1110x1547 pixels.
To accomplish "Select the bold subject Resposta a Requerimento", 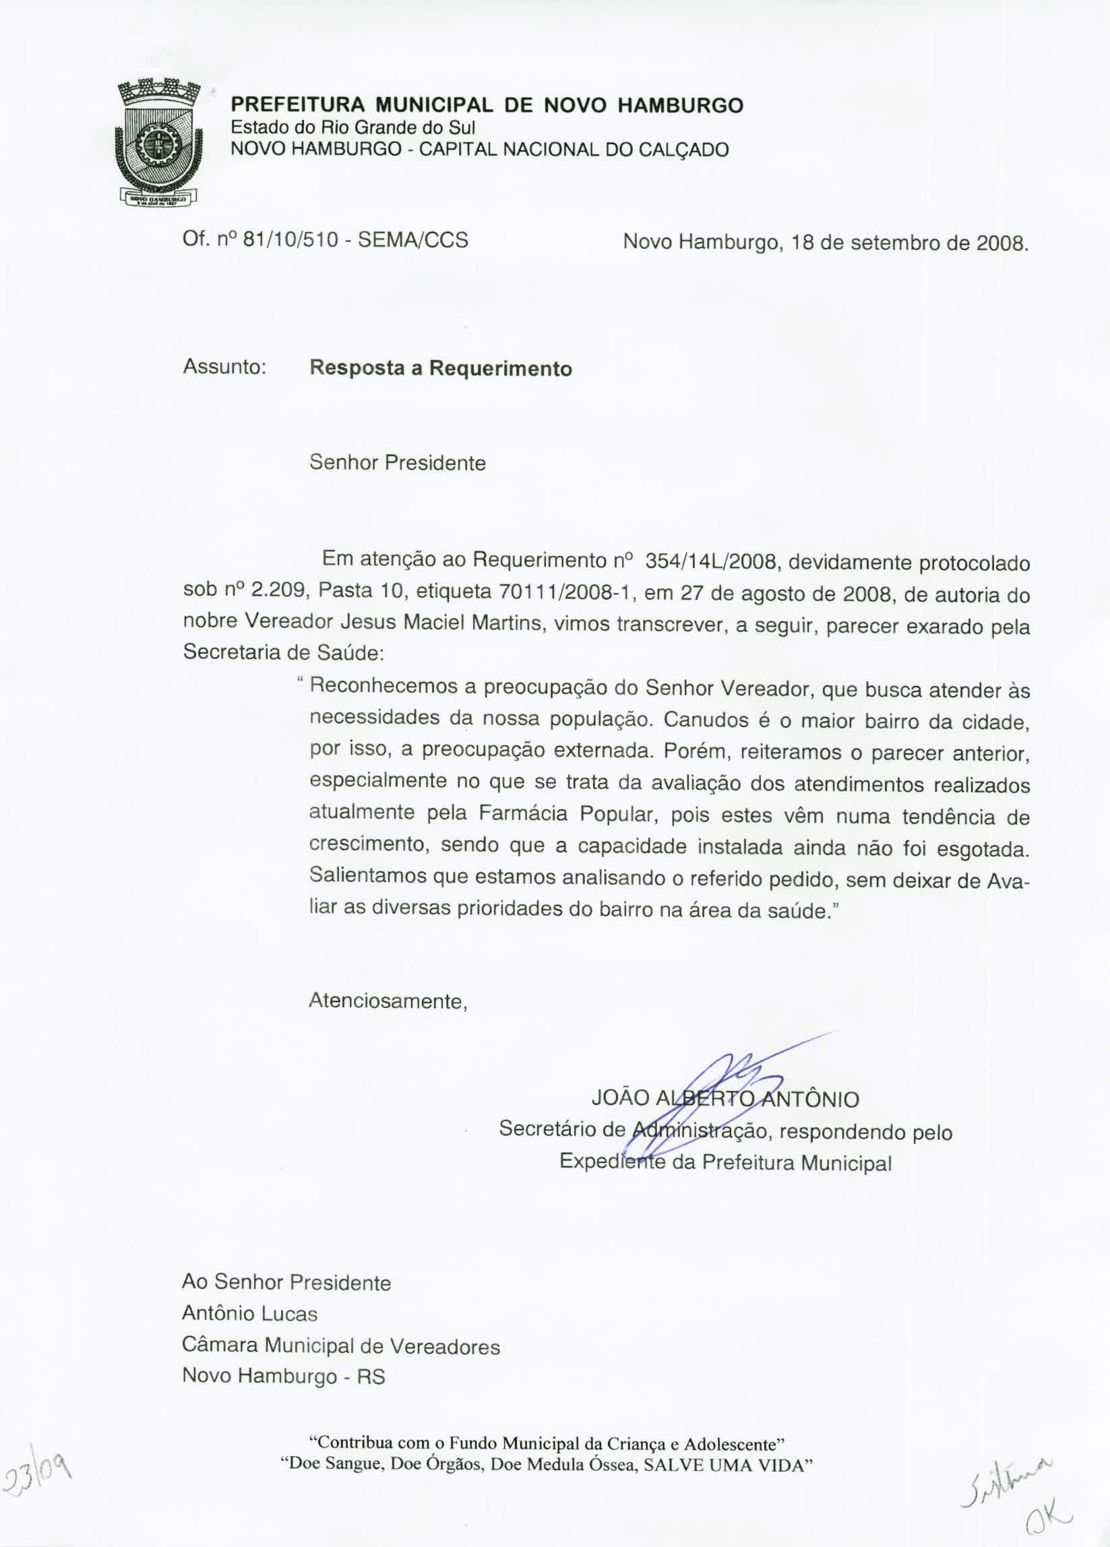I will (x=441, y=369).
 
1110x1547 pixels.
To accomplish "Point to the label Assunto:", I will (x=224, y=368).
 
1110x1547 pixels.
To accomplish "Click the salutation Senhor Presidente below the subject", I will (x=398, y=464).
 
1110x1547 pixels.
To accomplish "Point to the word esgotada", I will (x=983, y=850).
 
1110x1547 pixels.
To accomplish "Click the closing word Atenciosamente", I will (x=388, y=1001).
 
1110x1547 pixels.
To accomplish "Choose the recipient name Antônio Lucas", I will (x=249, y=1314).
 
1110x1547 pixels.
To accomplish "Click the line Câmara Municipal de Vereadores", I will (x=340, y=1346).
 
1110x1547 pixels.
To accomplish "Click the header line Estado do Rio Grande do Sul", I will (x=352, y=127).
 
